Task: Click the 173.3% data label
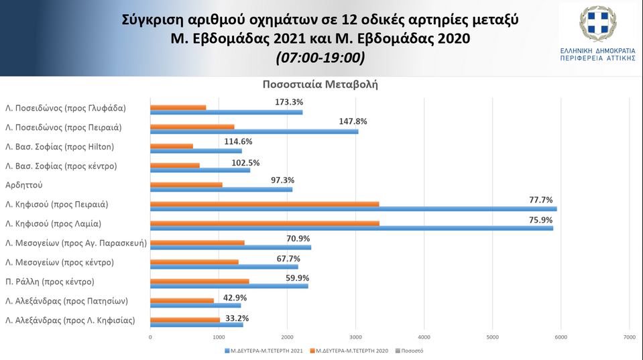coord(289,103)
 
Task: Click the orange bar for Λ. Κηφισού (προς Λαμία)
coord(265,223)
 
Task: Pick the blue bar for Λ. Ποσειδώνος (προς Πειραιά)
coord(254,131)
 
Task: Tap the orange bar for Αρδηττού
coord(186,184)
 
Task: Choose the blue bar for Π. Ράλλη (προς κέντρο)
coord(229,286)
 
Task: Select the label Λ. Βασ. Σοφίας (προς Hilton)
coord(60,147)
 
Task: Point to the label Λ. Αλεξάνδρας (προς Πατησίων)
coord(66,301)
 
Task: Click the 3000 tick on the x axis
coord(355,337)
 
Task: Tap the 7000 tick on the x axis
coord(629,337)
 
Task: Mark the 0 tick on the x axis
coord(150,337)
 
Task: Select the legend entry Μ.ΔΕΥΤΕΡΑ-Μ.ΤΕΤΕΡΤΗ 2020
coord(353,350)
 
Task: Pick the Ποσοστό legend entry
coord(412,350)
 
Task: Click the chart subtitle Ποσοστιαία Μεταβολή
coord(320,85)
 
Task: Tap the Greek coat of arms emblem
coord(597,24)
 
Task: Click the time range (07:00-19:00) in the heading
coord(320,58)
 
